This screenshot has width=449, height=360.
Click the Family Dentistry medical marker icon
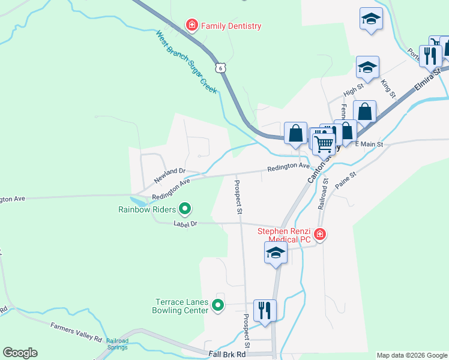[191, 25]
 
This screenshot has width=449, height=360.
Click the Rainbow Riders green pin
[185, 209]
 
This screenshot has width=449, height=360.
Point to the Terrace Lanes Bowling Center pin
[218, 306]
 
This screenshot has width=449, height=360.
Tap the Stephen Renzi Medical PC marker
[320, 233]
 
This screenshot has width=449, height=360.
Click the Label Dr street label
[185, 224]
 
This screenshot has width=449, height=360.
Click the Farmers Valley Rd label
[76, 332]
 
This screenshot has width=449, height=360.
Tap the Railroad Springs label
[118, 344]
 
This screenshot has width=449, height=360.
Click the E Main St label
[369, 144]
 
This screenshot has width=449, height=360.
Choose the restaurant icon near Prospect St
[265, 310]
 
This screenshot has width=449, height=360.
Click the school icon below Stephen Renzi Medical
[276, 253]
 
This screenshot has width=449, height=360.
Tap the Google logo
[20, 353]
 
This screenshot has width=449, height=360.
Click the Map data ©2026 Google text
[412, 355]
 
